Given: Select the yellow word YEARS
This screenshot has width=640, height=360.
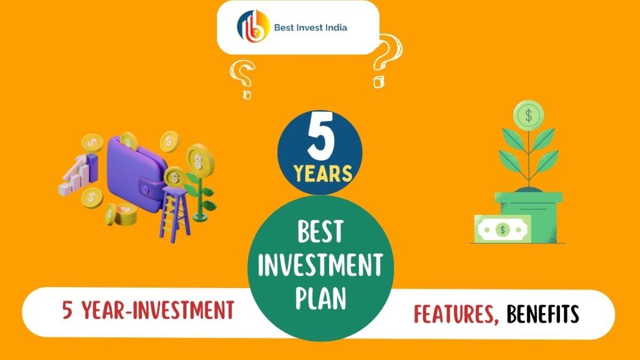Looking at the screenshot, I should coord(321,173).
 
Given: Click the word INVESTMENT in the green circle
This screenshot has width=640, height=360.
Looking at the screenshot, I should coord(321,265).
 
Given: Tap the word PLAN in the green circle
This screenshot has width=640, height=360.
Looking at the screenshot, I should coord(321,298).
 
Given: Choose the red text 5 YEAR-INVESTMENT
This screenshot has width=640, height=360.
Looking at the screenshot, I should coord(148,310).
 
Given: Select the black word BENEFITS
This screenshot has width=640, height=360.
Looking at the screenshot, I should coord(542,314).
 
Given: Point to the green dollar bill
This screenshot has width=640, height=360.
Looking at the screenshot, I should coord(501,229).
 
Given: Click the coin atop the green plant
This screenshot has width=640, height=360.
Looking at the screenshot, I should coord(528,115).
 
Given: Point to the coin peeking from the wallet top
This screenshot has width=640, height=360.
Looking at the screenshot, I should coord(129,140).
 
